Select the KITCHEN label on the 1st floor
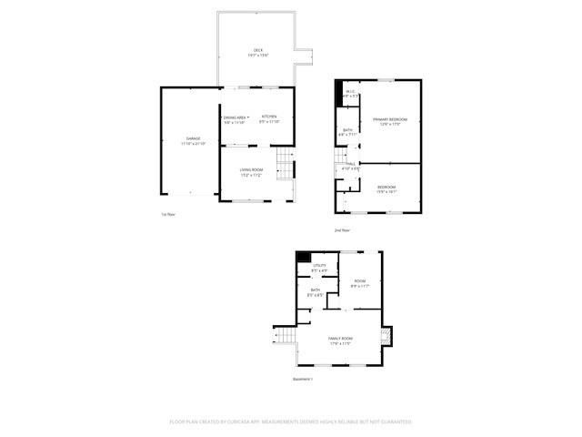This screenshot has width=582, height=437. [x=269, y=117]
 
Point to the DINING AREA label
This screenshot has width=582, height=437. [x=235, y=117]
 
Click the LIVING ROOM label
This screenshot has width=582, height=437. [x=251, y=170]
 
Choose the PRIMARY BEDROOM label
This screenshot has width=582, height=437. [x=389, y=120]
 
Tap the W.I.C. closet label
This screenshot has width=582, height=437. [x=350, y=91]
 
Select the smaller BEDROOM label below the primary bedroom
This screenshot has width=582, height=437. [x=386, y=187]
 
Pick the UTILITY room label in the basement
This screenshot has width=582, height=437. [x=319, y=266]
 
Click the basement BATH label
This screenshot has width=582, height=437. [x=315, y=290]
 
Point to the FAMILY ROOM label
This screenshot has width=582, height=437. [x=340, y=338]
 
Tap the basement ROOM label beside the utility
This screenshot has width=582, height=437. [x=359, y=281]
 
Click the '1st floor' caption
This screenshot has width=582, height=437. [x=166, y=215]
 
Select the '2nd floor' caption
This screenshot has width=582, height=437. [x=341, y=229]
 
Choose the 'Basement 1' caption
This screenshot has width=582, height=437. [x=303, y=379]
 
